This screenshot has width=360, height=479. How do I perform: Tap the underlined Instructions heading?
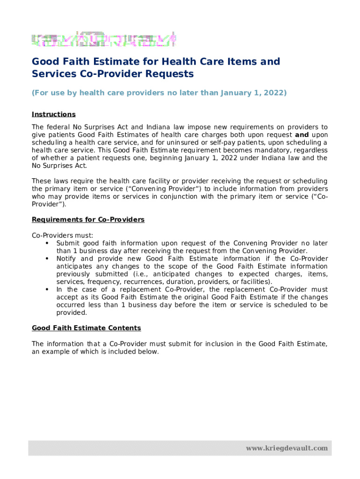pyautogui.click(x=53, y=115)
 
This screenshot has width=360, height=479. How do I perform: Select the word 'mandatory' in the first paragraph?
pyautogui.click(x=274, y=150)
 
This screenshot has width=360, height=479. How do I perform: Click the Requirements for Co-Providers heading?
pyautogui.click(x=88, y=220)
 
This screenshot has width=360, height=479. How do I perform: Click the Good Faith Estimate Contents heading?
pyautogui.click(x=86, y=328)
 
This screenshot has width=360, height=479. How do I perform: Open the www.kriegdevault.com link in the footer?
pyautogui.click(x=287, y=448)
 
